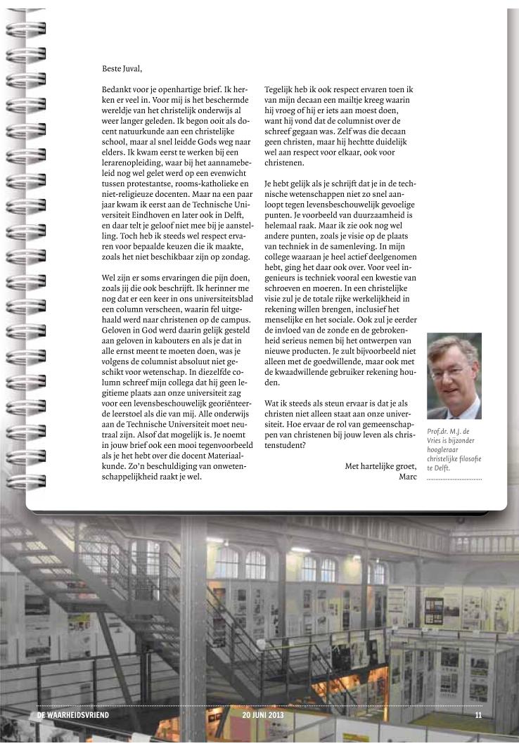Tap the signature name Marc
[408, 477]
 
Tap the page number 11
[478, 716]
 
